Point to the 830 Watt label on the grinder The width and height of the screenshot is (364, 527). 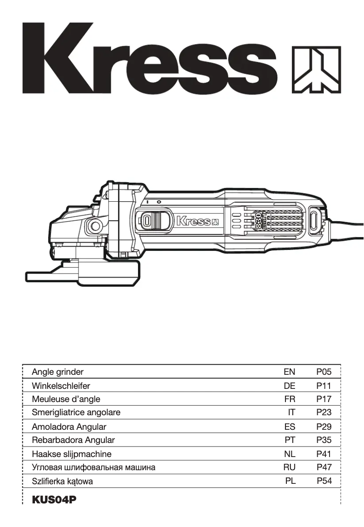click(260, 221)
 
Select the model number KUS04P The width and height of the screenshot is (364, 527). click(54, 500)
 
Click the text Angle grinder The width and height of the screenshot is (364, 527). click(58, 372)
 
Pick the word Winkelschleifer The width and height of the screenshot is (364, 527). click(61, 386)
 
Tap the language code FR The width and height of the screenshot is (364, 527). click(290, 399)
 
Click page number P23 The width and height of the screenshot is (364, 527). click(324, 413)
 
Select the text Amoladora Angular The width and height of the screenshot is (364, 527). click(69, 427)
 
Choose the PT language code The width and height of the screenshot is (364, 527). click(290, 440)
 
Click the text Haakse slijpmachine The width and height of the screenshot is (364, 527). click(71, 454)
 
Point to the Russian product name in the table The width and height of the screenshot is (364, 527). click(93, 467)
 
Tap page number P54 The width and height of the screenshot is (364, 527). click(324, 481)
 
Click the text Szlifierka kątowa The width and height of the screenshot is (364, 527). click(62, 481)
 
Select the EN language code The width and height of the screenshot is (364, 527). click(289, 372)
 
